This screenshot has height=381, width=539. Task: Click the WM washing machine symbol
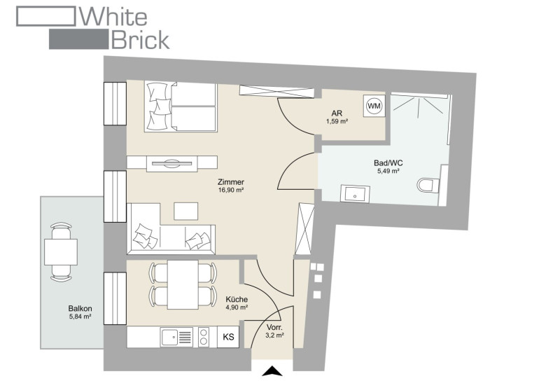coord(374,106)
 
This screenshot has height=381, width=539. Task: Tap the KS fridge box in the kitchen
coord(228,337)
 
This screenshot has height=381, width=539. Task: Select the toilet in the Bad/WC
coord(428,186)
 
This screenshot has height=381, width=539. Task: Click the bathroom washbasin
coord(355,194)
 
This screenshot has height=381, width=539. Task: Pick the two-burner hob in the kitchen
coord(204,337)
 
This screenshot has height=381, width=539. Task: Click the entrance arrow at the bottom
coord(272,371)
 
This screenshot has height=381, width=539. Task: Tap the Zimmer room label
coord(231,182)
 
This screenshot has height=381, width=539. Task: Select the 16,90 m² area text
coord(231,190)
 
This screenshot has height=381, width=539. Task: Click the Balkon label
coord(80,308)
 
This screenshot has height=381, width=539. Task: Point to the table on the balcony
coord(61,252)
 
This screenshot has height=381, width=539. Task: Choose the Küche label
coord(237,300)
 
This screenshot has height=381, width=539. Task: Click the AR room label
coord(337,113)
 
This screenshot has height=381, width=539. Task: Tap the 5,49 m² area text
coord(388,171)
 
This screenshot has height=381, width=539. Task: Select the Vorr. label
coord(274,327)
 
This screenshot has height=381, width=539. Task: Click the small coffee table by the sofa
coord(186,211)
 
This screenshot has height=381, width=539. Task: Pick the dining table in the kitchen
coord(183,284)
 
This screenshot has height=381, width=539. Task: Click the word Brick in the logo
coord(140,39)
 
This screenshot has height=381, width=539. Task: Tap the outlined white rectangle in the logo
coord(46,16)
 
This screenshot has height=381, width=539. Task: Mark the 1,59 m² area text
coord(337,121)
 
